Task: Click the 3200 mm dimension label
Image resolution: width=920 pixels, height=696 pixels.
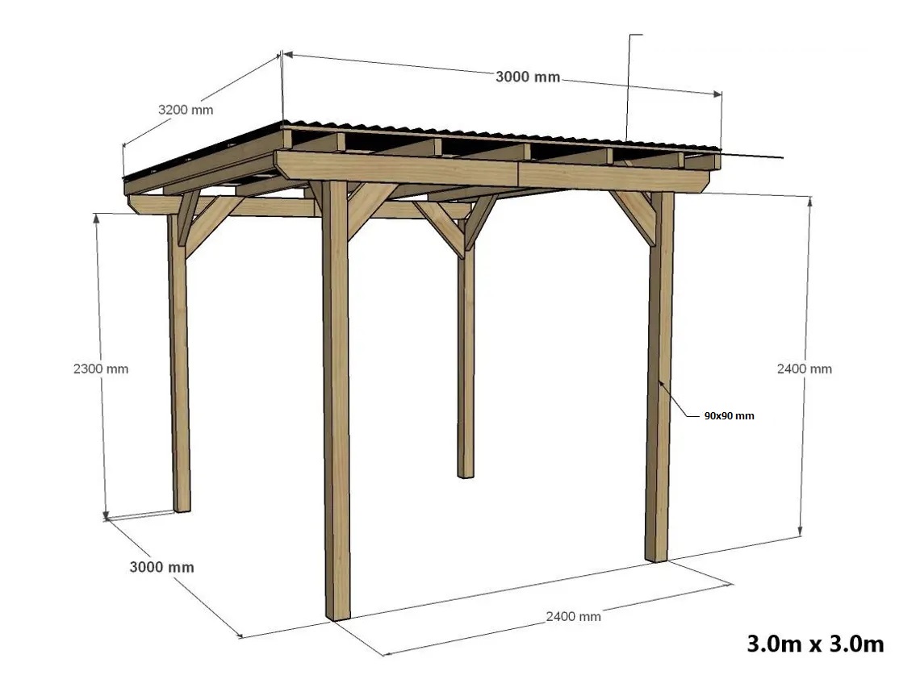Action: tap(186, 110)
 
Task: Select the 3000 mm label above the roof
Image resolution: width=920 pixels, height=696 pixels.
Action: tap(528, 77)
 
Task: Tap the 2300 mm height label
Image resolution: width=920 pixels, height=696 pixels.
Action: tap(101, 369)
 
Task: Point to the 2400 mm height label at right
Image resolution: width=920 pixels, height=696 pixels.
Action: tap(805, 369)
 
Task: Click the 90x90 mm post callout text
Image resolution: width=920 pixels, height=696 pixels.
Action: tap(730, 415)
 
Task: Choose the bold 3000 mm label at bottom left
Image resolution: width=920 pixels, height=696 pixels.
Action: tap(162, 567)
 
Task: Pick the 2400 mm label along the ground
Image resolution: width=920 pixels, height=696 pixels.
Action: tap(573, 616)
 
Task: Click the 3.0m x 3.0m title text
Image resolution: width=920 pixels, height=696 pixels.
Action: tap(815, 644)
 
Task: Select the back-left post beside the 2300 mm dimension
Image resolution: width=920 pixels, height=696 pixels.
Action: tap(179, 364)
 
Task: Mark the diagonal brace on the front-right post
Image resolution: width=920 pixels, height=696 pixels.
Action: tap(632, 218)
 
